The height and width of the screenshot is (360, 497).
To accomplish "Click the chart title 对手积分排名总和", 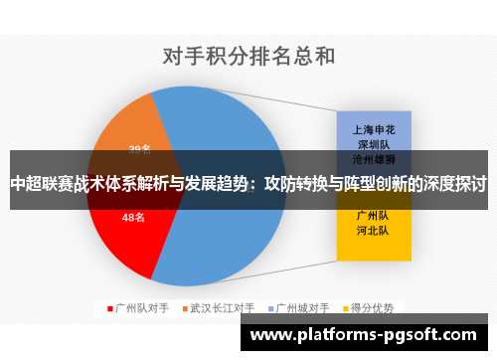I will (x=248, y=56).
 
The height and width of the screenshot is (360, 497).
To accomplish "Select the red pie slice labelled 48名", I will (x=124, y=224).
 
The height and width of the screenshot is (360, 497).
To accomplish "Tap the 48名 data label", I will (x=133, y=216).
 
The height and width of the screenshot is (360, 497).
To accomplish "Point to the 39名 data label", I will (x=140, y=149).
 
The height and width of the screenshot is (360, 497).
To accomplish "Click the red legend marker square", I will (x=110, y=308).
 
